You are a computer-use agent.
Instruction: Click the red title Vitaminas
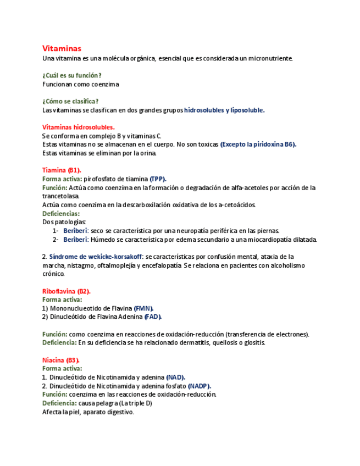[62, 48]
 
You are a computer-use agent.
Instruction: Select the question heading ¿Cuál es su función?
[71, 75]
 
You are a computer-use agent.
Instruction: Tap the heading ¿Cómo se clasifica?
[70, 101]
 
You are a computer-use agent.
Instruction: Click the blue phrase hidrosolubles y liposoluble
[224, 110]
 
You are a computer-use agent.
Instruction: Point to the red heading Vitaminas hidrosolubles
[79, 127]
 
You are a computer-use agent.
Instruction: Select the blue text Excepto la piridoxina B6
[258, 145]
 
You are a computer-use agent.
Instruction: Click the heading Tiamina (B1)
[62, 170]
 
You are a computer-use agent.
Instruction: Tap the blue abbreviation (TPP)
[158, 179]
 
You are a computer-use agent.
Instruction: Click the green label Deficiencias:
[61, 213]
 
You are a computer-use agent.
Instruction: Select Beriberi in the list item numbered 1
[75, 231]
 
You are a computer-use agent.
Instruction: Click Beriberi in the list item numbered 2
[75, 240]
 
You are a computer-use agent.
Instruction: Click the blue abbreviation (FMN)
[144, 308]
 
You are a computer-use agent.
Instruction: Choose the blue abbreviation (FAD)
[153, 317]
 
